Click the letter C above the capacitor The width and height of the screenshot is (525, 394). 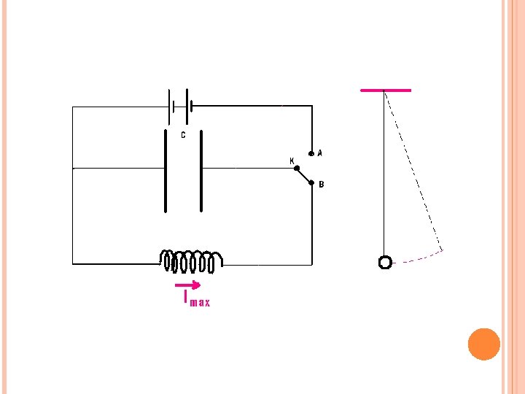point(182,135)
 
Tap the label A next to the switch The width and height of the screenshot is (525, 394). point(320,154)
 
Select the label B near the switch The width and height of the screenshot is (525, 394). point(322,185)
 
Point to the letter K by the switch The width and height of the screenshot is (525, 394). point(292,161)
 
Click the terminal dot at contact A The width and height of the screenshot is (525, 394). point(311,154)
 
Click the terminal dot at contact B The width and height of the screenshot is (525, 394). point(311,183)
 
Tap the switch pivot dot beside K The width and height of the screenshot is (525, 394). point(296,169)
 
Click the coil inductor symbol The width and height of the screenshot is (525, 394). point(192,260)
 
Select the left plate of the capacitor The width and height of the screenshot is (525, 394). point(166,171)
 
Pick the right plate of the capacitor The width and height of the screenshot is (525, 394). point(201,171)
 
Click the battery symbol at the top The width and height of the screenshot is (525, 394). point(179,107)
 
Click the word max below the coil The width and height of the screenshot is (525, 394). point(200,303)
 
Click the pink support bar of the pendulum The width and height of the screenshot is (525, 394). point(386,90)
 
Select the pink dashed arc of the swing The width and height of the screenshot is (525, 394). point(420,257)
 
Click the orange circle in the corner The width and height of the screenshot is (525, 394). point(483,344)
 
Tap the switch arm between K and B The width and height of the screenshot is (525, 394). point(304,176)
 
